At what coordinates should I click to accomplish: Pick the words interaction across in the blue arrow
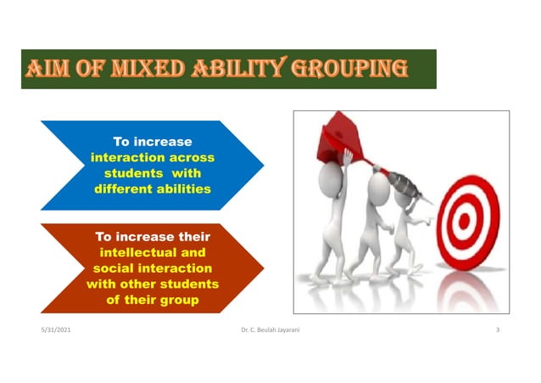pyautogui.click(x=153, y=157)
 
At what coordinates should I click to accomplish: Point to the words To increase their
pyautogui.click(x=153, y=237)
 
